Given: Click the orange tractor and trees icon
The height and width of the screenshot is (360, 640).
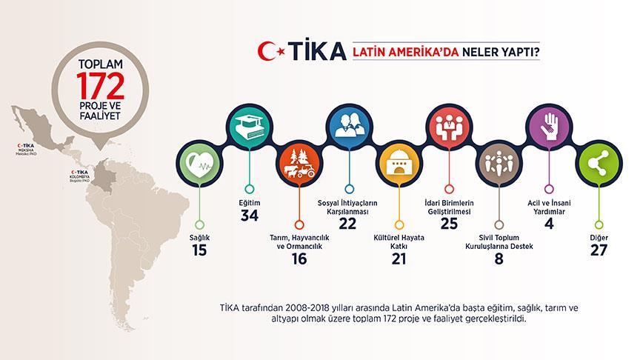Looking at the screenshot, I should click(298, 165).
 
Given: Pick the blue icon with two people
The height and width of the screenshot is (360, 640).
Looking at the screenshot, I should click(348, 127).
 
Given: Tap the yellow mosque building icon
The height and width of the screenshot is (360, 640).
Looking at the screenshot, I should click(399, 165).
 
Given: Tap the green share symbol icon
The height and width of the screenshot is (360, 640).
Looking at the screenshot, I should click(597, 165).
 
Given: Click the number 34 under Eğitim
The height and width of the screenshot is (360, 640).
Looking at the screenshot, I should click(249, 215).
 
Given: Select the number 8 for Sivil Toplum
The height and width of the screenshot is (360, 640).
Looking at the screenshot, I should click(499, 259).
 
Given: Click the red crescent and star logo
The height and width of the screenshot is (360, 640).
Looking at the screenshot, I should click(270, 51).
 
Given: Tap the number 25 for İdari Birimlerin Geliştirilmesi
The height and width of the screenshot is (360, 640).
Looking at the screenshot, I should click(448, 224).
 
